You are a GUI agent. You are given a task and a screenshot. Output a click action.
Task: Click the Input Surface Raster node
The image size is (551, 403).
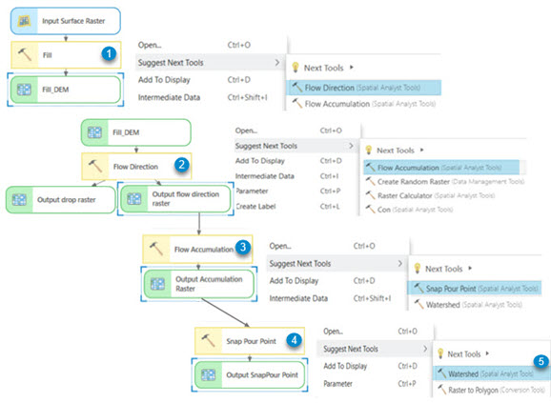[x=66, y=19]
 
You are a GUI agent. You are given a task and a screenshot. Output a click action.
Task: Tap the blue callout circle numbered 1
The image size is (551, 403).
[x=110, y=55]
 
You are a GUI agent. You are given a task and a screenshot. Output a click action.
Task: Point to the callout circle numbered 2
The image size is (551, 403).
[x=181, y=164]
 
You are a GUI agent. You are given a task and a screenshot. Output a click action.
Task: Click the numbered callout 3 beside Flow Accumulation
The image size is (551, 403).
[x=244, y=248]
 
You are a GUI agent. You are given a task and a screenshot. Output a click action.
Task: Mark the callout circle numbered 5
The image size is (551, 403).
[x=541, y=362]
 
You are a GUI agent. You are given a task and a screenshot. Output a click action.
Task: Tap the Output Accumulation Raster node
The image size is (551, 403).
[x=197, y=283]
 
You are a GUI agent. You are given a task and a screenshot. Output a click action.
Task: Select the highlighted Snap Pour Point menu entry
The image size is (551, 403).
[x=471, y=287]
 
